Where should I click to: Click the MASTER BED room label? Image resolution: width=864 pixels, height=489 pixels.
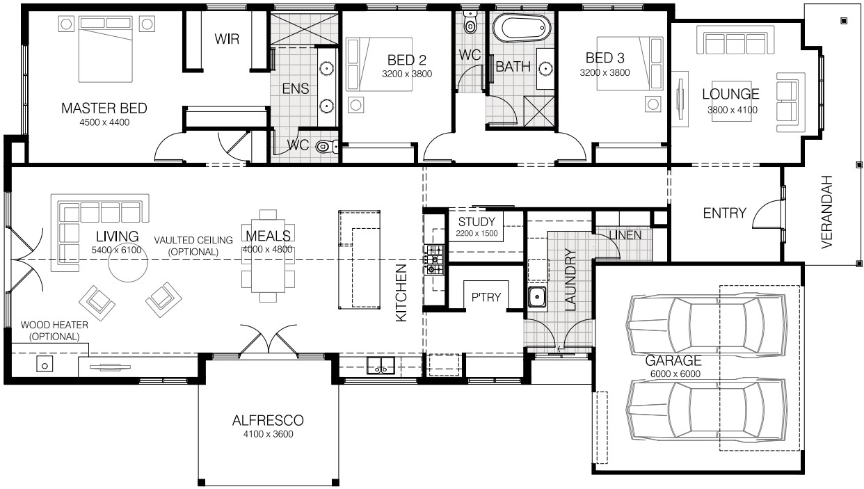tap(104, 109)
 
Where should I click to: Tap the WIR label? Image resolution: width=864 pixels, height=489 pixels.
tap(227, 39)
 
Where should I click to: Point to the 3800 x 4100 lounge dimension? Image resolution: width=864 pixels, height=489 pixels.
tap(732, 110)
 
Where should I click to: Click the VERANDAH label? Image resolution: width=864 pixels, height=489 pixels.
tap(827, 212)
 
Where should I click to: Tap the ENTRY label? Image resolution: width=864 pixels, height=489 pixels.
tap(724, 213)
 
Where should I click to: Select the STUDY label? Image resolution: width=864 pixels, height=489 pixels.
tap(477, 222)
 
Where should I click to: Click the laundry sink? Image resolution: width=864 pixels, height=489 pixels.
tap(537, 298)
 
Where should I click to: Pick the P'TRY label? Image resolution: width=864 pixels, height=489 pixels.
tap(486, 297)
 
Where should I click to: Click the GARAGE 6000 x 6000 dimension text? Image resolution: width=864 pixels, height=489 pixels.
tap(675, 374)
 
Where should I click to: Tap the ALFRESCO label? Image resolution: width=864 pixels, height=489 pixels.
tap(268, 420)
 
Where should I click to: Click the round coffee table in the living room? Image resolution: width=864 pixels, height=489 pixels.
tap(128, 263)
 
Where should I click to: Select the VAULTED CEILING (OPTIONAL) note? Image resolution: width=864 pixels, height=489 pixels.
tap(193, 246)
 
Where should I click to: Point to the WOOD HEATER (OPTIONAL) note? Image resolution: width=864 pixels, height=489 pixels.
tap(54, 330)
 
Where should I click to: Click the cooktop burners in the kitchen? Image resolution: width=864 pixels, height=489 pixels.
tap(434, 259)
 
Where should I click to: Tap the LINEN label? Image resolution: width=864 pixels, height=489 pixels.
tap(625, 235)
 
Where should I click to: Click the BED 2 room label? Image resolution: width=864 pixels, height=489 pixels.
tap(406, 60)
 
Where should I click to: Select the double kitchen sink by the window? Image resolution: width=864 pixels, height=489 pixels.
tap(381, 366)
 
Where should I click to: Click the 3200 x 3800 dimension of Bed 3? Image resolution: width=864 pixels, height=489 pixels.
tap(605, 72)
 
